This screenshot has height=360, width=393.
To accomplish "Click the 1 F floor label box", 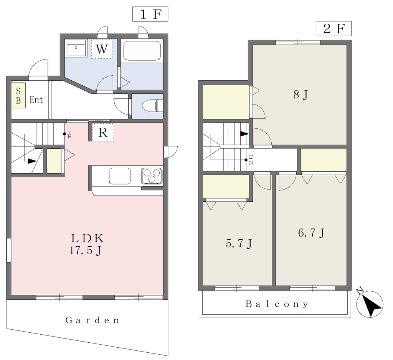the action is coord(150,14).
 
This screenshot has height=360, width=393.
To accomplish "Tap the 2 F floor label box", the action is coord(334,28).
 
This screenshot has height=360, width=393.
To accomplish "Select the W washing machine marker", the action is coord(102,49).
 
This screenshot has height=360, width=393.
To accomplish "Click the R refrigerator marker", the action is coord(103,132).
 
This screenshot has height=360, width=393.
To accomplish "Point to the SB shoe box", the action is coord(18,96).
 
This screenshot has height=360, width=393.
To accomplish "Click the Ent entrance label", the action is coord(36,100).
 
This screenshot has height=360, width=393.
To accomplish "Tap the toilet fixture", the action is coord(152,106).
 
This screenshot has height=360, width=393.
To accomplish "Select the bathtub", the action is coord(142,50).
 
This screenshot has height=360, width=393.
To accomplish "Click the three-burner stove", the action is coord(152,176).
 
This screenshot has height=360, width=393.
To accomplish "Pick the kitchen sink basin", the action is coord(120,176).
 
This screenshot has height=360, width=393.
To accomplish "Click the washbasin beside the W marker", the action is coord(76,48).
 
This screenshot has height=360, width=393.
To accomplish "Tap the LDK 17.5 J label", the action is coord(87,244).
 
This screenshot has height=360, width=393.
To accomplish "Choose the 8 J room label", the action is coord(300,95).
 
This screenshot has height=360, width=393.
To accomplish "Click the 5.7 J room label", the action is coord(239,243).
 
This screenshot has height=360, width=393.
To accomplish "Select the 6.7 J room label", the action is coord(311,233).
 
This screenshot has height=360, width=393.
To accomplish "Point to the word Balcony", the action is coord(277,304).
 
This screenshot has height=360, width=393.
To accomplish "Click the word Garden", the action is coord(92,320).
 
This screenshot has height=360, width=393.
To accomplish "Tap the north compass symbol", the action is coord(370,304).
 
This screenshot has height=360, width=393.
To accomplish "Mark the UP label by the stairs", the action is coord(70,133).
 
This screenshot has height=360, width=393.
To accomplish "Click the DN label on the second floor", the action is coord(251,160).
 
